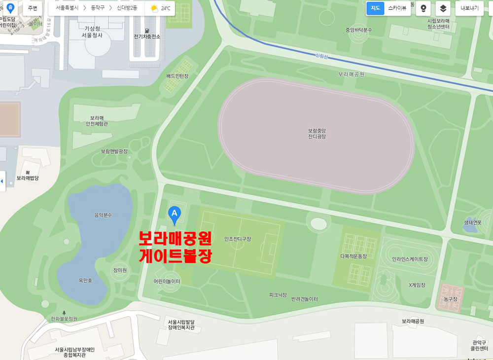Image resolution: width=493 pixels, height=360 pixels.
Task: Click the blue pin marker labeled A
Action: click(174, 214)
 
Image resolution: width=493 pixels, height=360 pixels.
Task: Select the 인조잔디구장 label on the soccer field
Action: click(238, 239)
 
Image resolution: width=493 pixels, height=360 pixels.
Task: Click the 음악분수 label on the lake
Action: click(103, 215)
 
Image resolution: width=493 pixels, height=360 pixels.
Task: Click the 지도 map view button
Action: click(375, 8)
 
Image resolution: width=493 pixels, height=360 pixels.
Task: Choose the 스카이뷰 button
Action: click(397, 8)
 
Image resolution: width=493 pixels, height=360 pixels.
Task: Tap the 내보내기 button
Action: click(469, 8)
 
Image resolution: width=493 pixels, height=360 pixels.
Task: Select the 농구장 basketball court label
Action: click(449, 299)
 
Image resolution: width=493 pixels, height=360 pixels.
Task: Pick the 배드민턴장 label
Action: click(177, 76)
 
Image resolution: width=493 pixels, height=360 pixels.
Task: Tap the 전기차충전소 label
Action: click(147, 36)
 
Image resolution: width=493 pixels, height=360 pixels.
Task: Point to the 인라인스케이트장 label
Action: click(409, 259)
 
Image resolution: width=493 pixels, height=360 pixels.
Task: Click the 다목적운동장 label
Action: click(353, 256)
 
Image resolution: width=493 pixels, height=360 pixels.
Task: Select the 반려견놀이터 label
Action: click(304, 299)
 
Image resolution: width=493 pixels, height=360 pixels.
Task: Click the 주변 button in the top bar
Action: click(33, 8)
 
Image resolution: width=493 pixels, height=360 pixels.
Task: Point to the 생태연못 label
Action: click(472, 222)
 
